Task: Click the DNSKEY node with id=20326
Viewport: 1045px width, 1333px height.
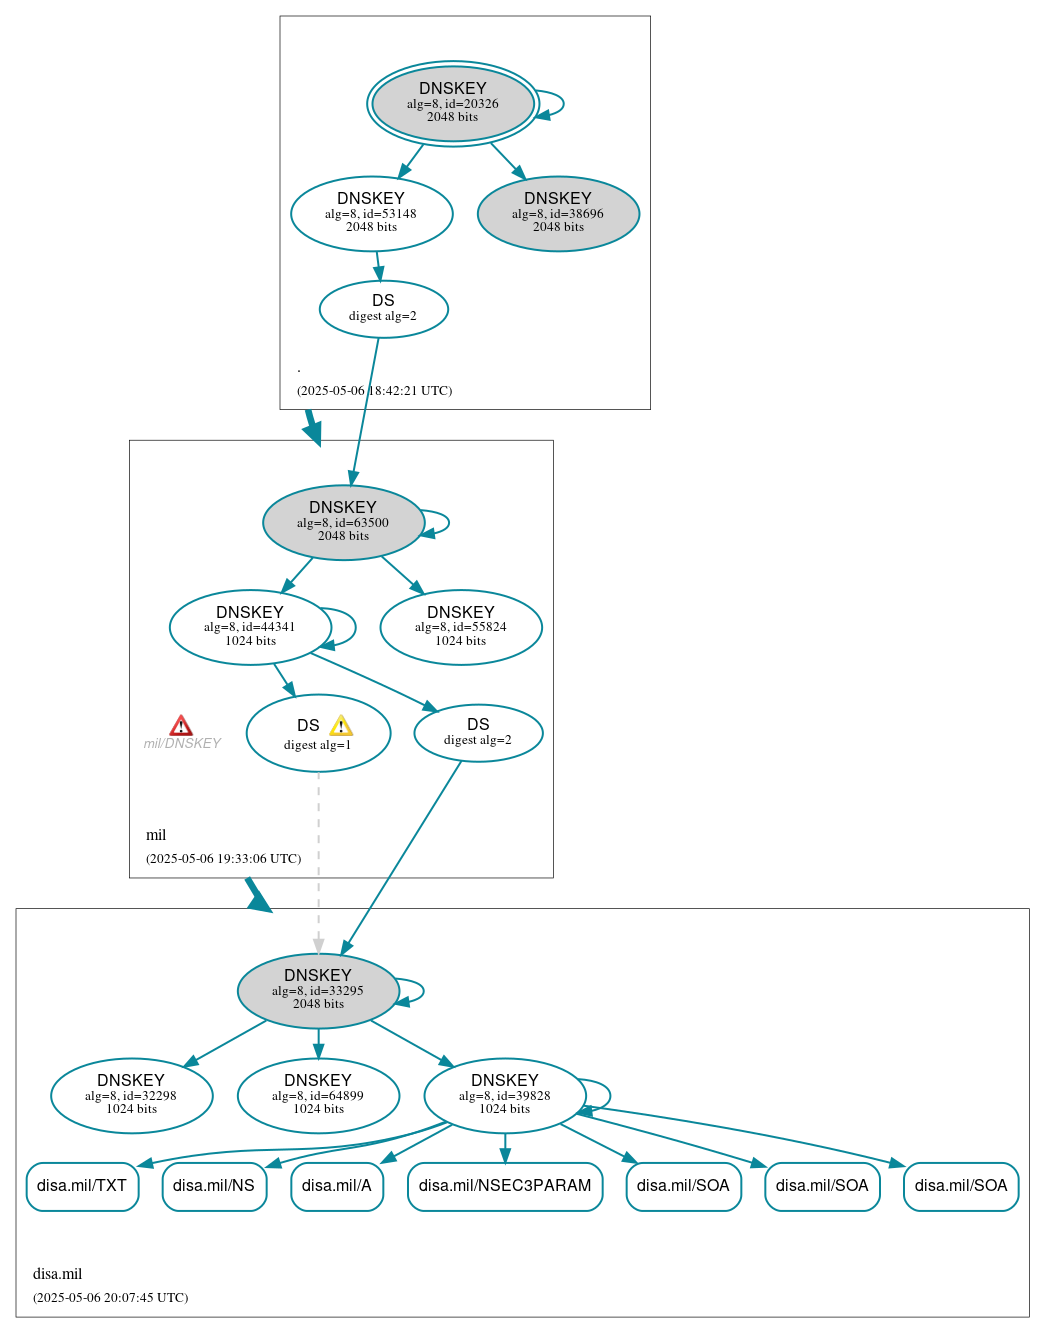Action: (452, 103)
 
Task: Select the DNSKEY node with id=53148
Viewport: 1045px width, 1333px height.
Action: (371, 213)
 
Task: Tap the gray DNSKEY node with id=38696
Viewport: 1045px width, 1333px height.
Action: (558, 213)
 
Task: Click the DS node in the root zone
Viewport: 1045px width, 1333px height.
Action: (383, 308)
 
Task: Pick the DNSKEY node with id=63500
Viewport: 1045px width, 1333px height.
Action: (343, 522)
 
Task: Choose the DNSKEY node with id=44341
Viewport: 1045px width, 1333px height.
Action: (250, 627)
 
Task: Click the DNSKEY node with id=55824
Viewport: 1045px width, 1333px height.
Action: (461, 627)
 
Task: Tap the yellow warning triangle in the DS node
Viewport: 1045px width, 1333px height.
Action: (341, 726)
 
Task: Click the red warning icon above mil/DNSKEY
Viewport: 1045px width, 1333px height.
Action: (181, 725)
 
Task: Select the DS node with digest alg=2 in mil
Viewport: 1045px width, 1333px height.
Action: (478, 732)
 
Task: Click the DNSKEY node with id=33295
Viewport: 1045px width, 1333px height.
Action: (318, 990)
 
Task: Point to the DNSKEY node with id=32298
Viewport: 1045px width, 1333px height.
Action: (131, 1095)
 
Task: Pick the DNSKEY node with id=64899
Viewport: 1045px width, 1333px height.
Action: (318, 1095)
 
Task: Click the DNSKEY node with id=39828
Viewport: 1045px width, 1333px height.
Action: (505, 1095)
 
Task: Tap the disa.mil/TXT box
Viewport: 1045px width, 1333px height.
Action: (82, 1186)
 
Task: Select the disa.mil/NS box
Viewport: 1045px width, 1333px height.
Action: (214, 1186)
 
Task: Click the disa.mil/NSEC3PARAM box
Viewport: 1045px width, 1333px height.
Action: (505, 1186)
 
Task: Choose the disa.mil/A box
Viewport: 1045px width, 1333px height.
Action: (337, 1186)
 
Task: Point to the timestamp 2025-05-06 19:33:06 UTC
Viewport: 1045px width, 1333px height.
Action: (223, 859)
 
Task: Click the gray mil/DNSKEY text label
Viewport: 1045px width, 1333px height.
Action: (182, 744)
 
